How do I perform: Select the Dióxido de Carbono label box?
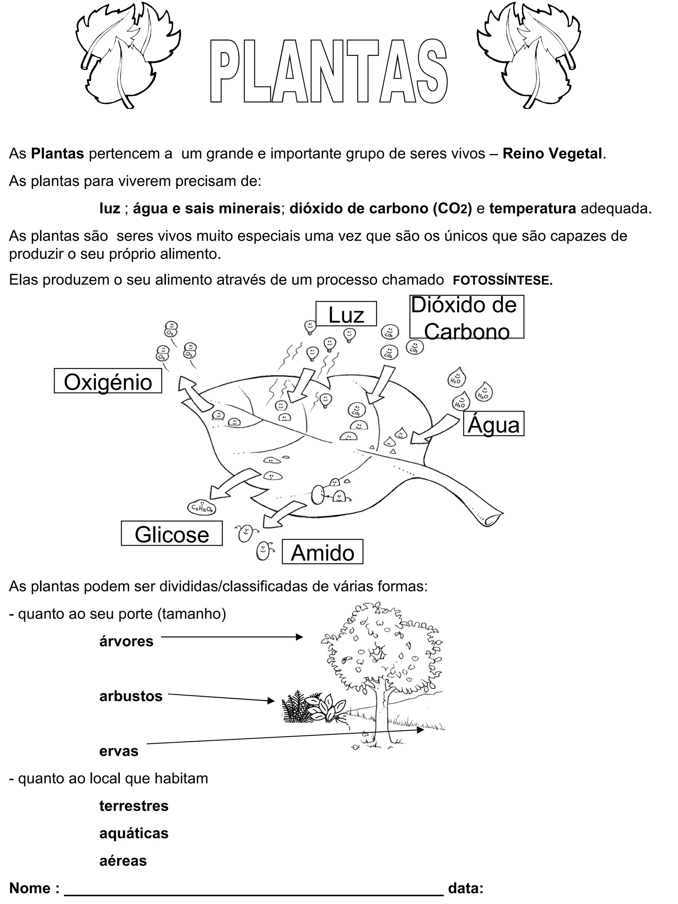point(466,317)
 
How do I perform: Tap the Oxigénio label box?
point(108,381)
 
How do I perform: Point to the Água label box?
point(493,424)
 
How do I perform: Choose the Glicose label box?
point(171,533)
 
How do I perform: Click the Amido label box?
point(322,552)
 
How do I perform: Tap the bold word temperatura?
point(533,209)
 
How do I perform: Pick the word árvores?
point(126,641)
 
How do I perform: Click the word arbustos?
point(131,696)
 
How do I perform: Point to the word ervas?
point(119,751)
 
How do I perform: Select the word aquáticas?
point(134,833)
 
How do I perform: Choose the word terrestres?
point(134,806)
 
